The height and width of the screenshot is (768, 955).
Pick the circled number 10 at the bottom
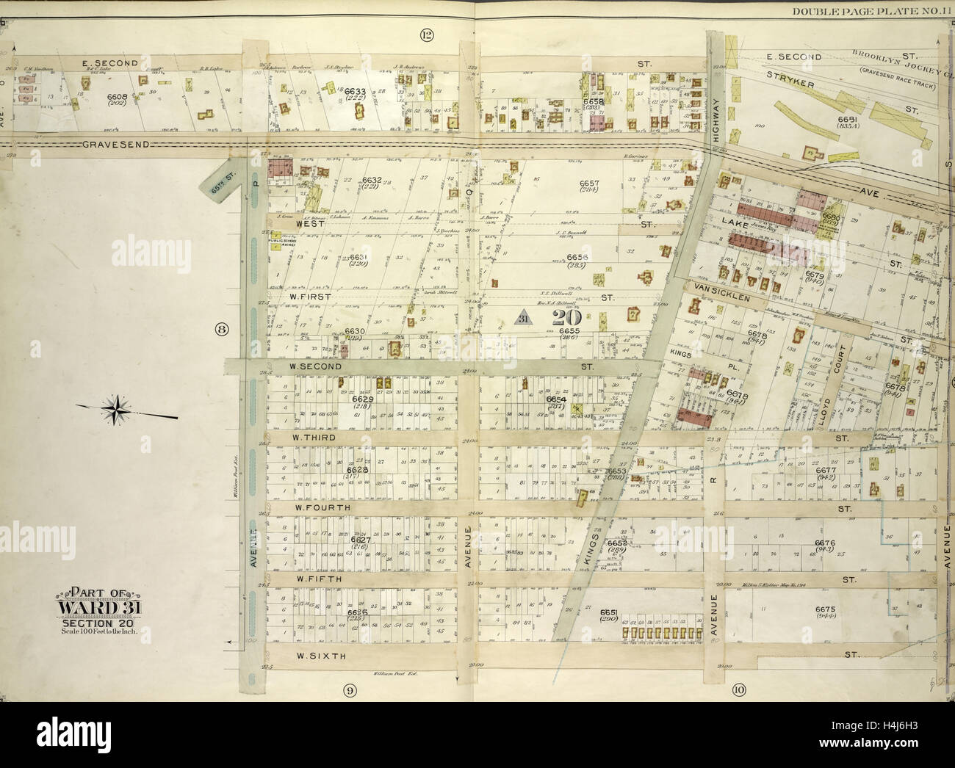pyautogui.click(x=738, y=689)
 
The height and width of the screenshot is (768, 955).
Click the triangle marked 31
pyautogui.click(x=522, y=317)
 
